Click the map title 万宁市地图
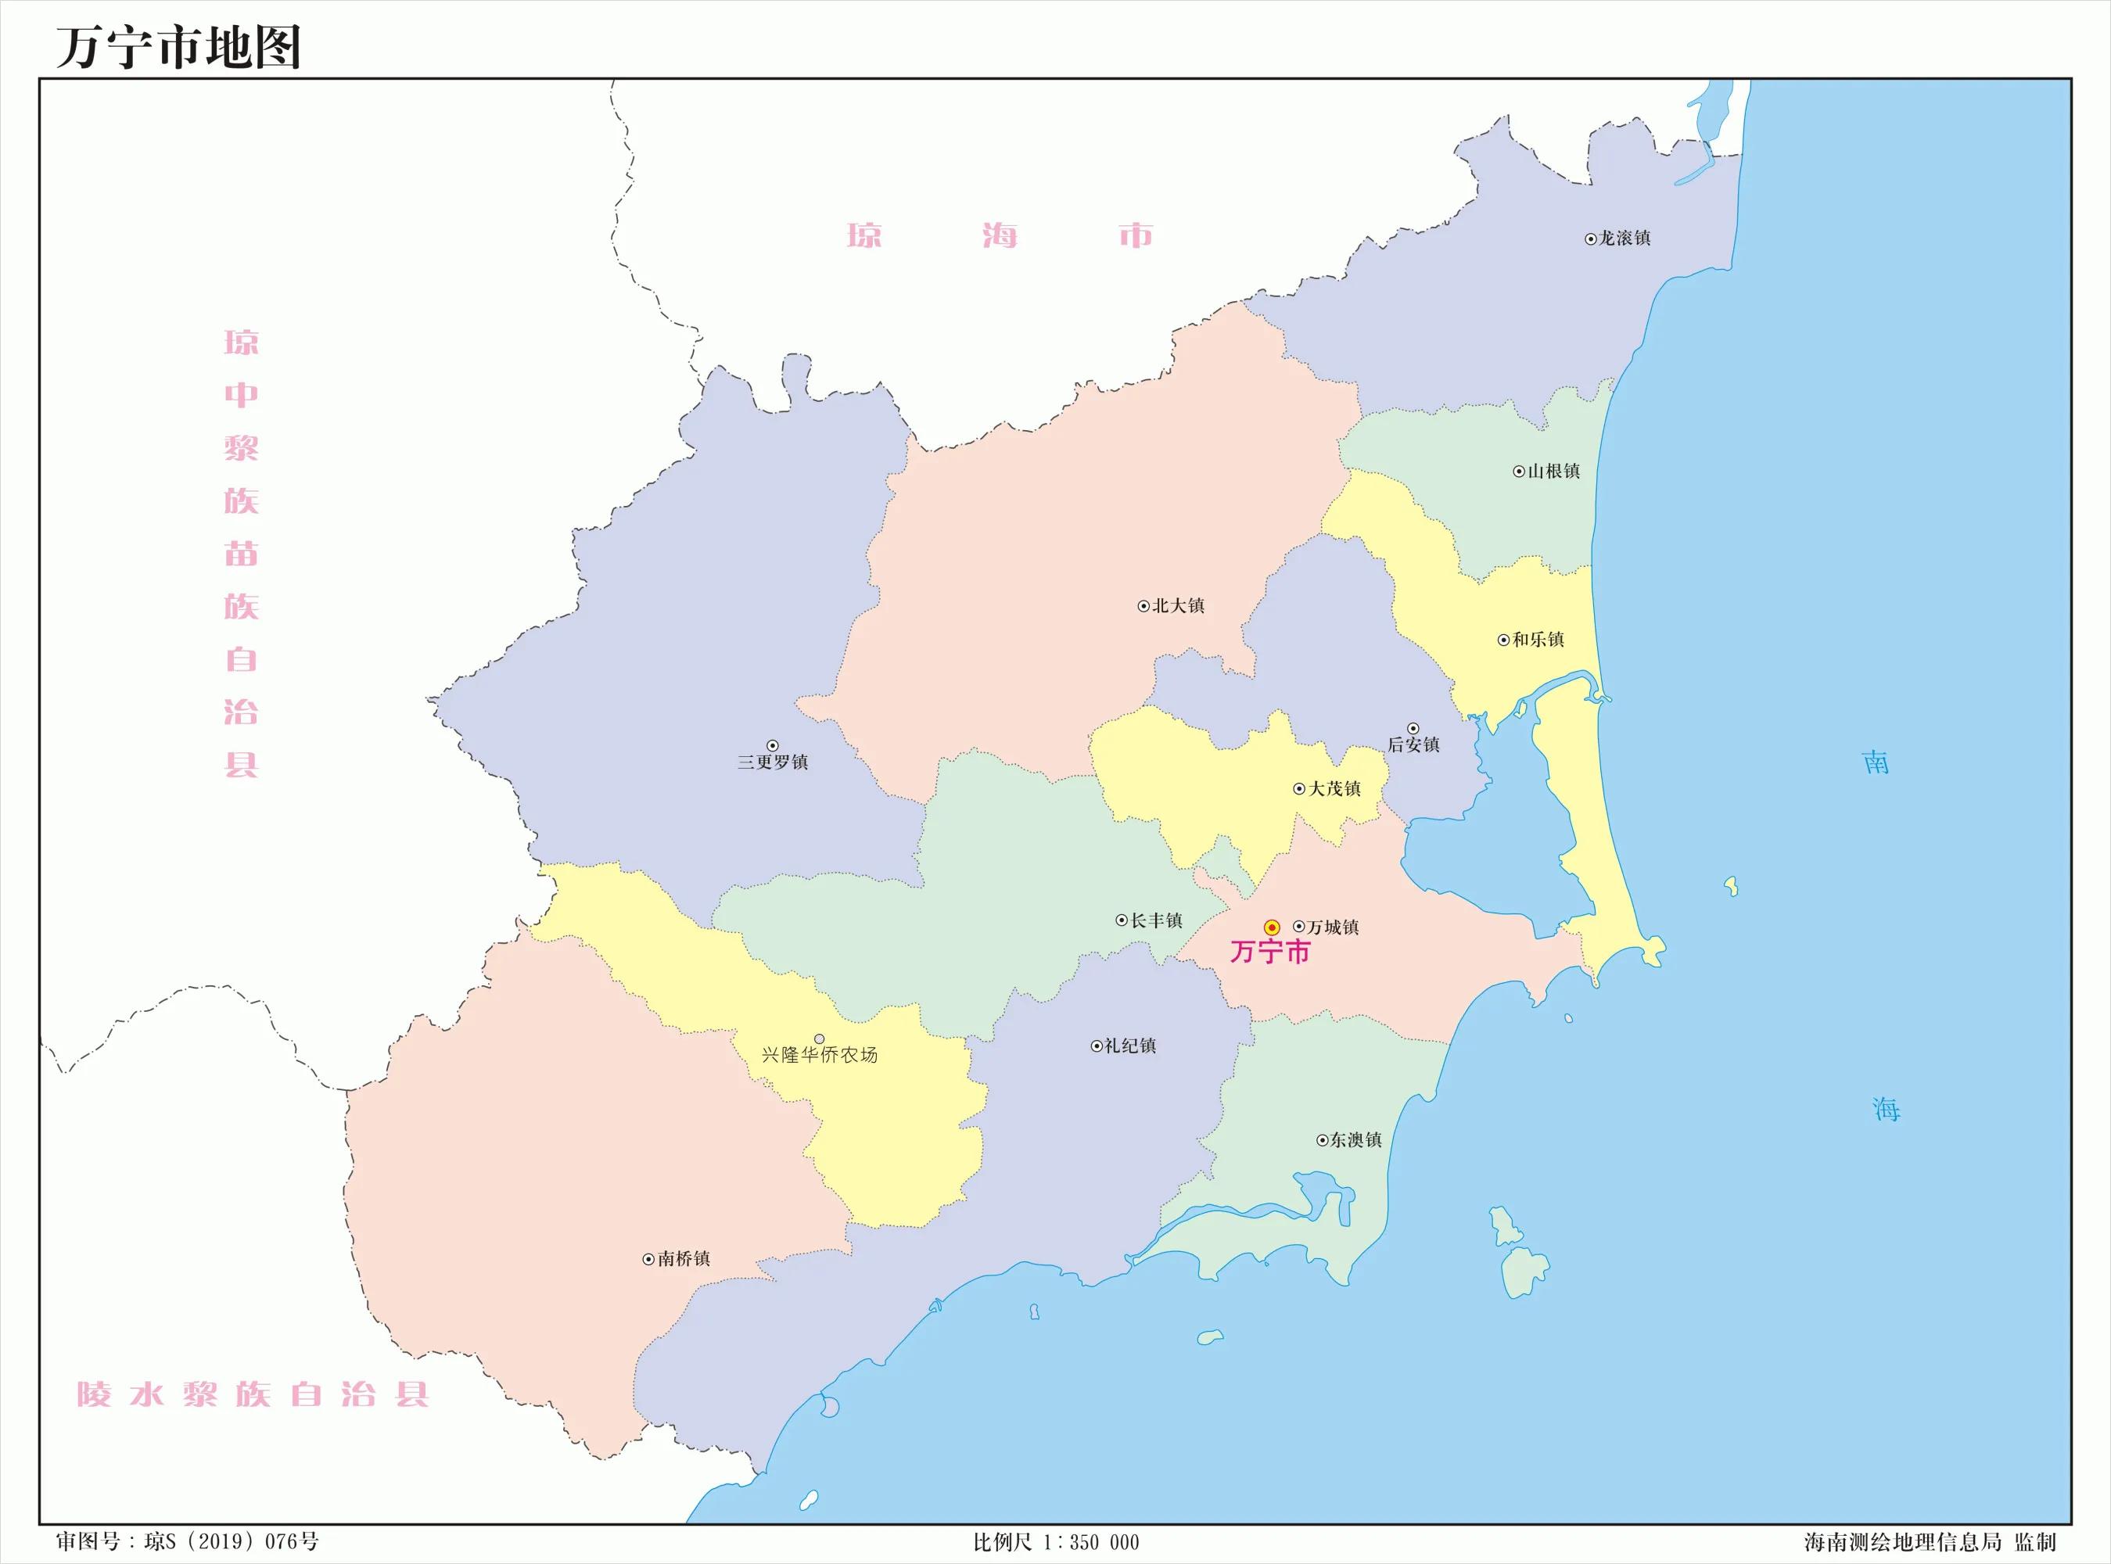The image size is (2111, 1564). click(179, 48)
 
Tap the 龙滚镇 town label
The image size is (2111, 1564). click(1625, 239)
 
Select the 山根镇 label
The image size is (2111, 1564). click(1553, 471)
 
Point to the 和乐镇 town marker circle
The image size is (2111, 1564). click(1503, 640)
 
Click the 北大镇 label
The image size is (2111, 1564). click(1178, 606)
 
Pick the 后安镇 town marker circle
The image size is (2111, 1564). click(1413, 728)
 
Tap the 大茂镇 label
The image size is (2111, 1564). click(1335, 788)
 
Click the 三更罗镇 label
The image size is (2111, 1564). click(774, 762)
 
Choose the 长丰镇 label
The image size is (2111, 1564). click(1156, 920)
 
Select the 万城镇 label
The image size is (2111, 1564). click(1333, 927)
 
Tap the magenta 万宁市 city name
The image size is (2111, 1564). click(1269, 952)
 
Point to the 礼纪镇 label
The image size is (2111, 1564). click(1130, 1046)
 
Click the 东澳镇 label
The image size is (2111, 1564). click(1355, 1140)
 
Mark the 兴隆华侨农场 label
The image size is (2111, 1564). click(820, 1055)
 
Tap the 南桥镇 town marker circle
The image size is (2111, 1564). click(648, 1259)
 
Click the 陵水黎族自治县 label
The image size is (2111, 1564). click(253, 1394)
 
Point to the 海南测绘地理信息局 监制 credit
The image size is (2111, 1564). click(1930, 1542)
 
